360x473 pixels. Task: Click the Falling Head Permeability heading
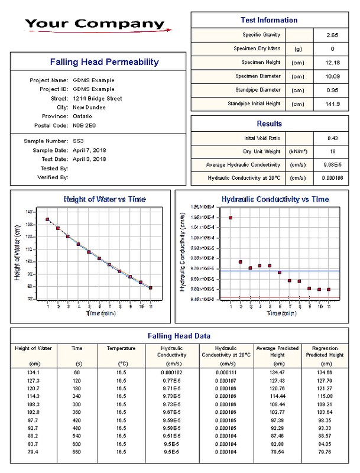tap(96, 61)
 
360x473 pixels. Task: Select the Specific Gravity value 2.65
tap(332, 35)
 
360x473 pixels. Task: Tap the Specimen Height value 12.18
tap(332, 62)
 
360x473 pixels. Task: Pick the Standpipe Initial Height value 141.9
tap(332, 103)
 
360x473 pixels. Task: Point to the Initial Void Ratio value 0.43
tap(332, 138)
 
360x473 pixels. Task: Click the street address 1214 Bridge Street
tap(98, 98)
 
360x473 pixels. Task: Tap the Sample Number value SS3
tap(79, 141)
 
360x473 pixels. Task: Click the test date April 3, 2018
tap(90, 158)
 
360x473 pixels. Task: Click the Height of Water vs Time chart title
tap(104, 199)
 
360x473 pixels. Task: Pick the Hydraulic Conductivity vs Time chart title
tap(275, 199)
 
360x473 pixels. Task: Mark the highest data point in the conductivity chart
tap(230, 218)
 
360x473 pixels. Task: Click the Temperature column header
tap(121, 348)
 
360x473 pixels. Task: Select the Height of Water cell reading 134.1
tap(33, 372)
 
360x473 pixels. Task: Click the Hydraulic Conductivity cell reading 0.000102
tap(171, 372)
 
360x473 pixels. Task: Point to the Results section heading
tap(269, 124)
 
